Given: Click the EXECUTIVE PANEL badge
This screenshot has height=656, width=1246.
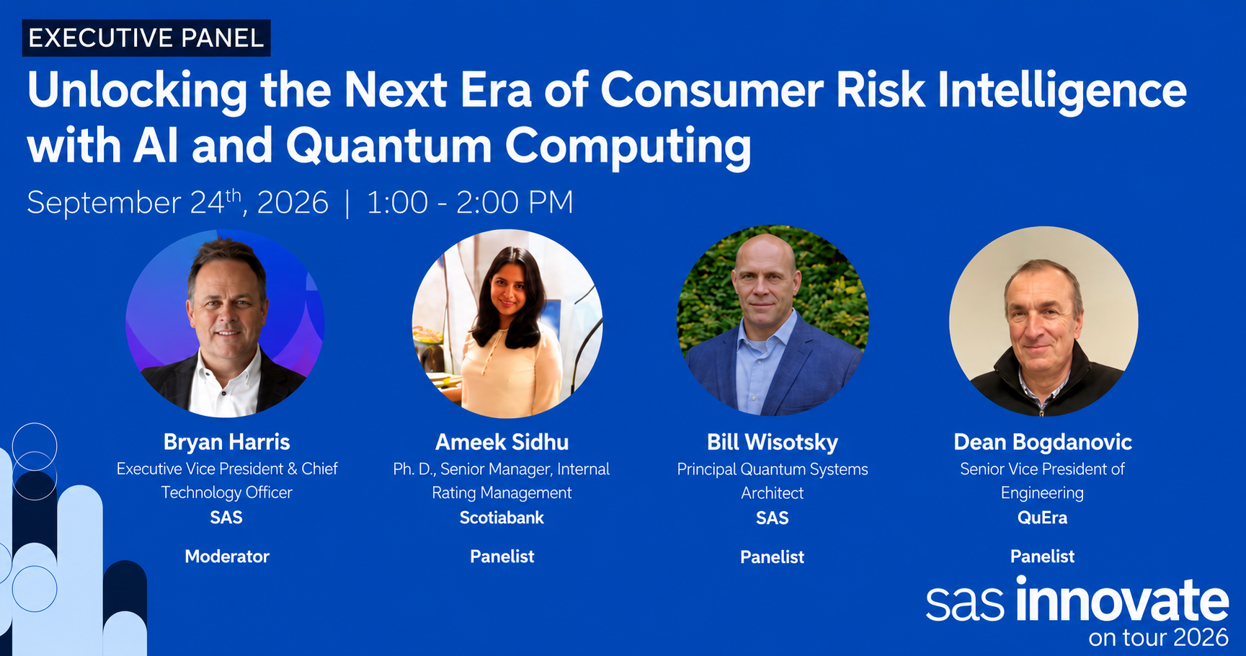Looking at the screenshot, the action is pyautogui.click(x=146, y=37).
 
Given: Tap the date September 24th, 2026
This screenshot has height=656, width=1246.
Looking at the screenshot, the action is pyautogui.click(x=177, y=202).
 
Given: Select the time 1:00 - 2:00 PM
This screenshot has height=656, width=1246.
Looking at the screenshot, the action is pyautogui.click(x=470, y=202).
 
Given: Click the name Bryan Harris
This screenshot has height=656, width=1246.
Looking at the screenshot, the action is pyautogui.click(x=226, y=442).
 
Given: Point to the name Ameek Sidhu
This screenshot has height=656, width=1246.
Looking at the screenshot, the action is pyautogui.click(x=502, y=442).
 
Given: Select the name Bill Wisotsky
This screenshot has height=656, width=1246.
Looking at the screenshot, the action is pyautogui.click(x=773, y=442).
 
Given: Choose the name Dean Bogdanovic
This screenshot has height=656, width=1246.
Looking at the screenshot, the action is pyautogui.click(x=1043, y=442).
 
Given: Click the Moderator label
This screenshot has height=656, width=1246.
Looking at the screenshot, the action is pyautogui.click(x=227, y=557).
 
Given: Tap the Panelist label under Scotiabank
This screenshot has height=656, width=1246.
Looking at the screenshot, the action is pyautogui.click(x=502, y=557).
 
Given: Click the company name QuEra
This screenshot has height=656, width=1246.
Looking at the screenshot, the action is pyautogui.click(x=1042, y=518).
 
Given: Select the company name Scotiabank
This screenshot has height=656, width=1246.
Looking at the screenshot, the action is pyautogui.click(x=502, y=518).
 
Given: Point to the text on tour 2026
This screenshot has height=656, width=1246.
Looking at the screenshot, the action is pyautogui.click(x=1158, y=637).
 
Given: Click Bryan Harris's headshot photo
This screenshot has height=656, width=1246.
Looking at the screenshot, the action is pyautogui.click(x=225, y=323).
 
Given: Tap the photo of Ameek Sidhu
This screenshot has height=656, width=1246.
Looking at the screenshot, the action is pyautogui.click(x=507, y=324).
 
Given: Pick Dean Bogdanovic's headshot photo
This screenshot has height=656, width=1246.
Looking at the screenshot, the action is pyautogui.click(x=1043, y=322).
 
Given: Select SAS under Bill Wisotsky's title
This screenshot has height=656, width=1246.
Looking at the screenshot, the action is pyautogui.click(x=772, y=518).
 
